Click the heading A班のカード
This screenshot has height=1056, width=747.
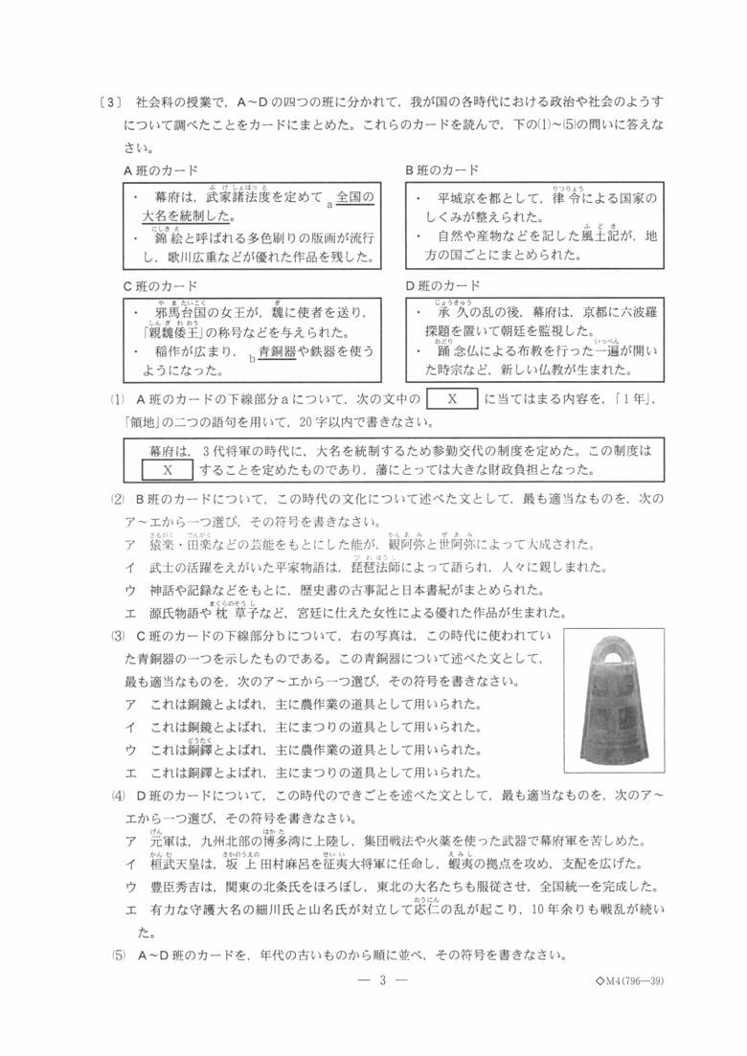[161, 170]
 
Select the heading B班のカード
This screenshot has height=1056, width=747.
[441, 170]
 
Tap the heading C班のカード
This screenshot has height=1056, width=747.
[161, 286]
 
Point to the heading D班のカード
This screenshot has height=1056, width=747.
[441, 286]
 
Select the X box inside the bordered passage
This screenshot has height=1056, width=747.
[167, 469]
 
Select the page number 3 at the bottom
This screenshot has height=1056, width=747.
[381, 979]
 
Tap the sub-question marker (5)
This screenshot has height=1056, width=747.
[118, 955]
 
